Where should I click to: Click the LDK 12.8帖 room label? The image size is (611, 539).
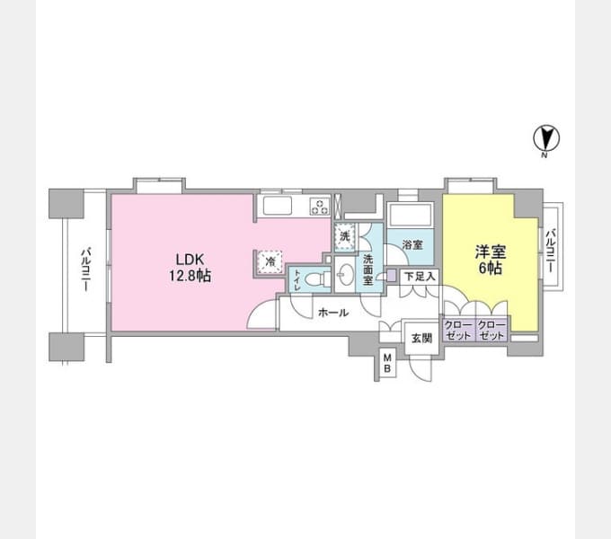(190, 268)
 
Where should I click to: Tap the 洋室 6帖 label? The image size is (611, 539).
(491, 260)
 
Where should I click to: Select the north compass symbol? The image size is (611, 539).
(546, 140)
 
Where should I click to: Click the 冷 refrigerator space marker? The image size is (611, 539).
(270, 261)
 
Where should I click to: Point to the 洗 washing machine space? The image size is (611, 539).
(344, 236)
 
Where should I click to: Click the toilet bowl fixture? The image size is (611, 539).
(316, 279)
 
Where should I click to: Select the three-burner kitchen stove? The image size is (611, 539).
(320, 207)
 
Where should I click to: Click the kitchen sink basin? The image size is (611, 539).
(277, 205)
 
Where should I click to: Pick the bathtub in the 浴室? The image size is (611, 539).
(410, 215)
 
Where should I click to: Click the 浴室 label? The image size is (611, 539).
(412, 245)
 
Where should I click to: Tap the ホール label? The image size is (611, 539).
(333, 313)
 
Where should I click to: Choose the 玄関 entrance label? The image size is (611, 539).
(421, 339)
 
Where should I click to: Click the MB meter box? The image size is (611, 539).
(387, 363)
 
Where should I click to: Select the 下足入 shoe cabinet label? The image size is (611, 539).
(420, 277)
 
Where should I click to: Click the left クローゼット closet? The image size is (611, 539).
(458, 331)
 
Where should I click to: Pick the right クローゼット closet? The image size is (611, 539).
(491, 331)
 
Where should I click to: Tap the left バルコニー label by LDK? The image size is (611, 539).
(86, 269)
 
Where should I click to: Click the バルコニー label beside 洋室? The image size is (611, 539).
(551, 251)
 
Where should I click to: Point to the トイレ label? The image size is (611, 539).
(297, 279)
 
